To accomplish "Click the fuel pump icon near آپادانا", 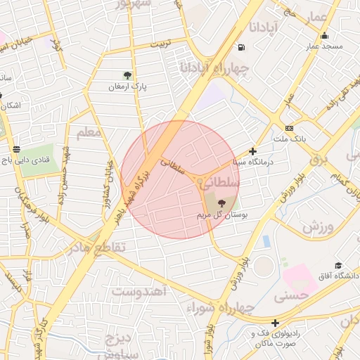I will tap(242, 48).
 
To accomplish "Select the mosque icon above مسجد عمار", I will tap(324, 36).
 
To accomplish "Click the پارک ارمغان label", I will tap(127, 86).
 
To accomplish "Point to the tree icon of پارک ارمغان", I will tap(127, 75).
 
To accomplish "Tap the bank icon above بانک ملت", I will tap(290, 128).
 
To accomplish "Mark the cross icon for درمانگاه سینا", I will tap(253, 150).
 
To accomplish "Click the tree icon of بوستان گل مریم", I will tap(222, 203).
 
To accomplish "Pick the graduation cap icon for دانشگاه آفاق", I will tap(338, 265).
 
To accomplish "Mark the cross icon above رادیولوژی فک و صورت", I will tap(275, 323).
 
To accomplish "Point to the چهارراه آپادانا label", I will tap(215, 69).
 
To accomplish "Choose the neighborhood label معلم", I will tap(88, 131).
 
